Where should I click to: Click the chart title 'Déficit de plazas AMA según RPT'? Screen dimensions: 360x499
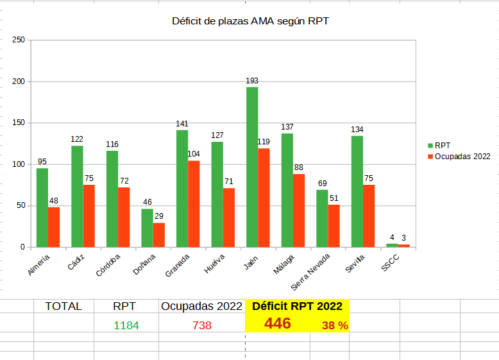pyautogui.click(x=251, y=21)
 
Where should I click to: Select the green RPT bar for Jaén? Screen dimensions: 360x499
pyautogui.click(x=252, y=167)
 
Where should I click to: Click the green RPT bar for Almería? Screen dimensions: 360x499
pyautogui.click(x=42, y=207)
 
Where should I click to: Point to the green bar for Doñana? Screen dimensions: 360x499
pyautogui.click(x=147, y=228)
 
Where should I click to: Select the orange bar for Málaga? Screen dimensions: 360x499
pyautogui.click(x=299, y=210)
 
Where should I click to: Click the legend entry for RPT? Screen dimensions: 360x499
pyautogui.click(x=442, y=146)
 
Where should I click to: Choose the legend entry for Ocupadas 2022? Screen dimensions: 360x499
pyautogui.click(x=462, y=156)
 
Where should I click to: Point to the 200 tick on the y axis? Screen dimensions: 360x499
pyautogui.click(x=19, y=81)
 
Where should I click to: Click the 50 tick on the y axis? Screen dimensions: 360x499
pyautogui.click(x=21, y=206)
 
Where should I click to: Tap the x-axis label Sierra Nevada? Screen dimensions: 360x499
pyautogui.click(x=310, y=273)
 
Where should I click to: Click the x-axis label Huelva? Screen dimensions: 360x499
pyautogui.click(x=214, y=264)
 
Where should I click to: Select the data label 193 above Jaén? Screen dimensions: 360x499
pyautogui.click(x=252, y=81)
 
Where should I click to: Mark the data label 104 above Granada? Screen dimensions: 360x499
pyautogui.click(x=194, y=154)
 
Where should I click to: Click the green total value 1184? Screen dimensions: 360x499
pyautogui.click(x=126, y=325)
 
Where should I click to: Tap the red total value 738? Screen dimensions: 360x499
pyautogui.click(x=202, y=325)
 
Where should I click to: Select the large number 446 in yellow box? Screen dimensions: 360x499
pyautogui.click(x=277, y=323)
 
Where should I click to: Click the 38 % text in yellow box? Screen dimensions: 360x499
pyautogui.click(x=335, y=325)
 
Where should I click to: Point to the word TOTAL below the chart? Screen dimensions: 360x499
pyautogui.click(x=63, y=306)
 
